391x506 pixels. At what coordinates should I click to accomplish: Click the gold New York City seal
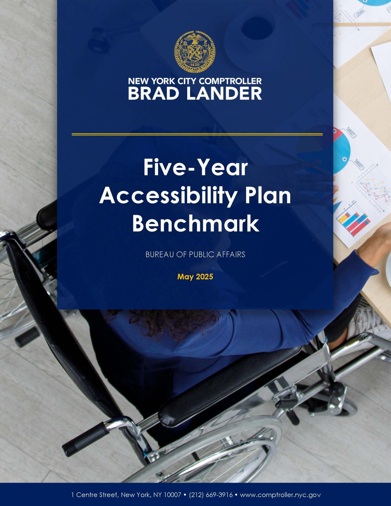coord(195,52)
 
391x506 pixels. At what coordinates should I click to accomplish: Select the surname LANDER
coord(224,93)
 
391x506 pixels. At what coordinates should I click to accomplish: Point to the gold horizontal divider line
coord(197,134)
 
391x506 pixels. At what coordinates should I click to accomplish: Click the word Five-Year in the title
coord(195,168)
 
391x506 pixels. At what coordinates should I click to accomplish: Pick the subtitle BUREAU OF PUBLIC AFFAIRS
coord(195,254)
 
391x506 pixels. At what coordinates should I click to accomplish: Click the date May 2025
coord(195,277)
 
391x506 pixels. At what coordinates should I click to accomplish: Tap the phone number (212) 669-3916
coord(211,495)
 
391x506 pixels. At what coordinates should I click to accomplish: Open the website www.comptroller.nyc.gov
coord(280,495)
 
